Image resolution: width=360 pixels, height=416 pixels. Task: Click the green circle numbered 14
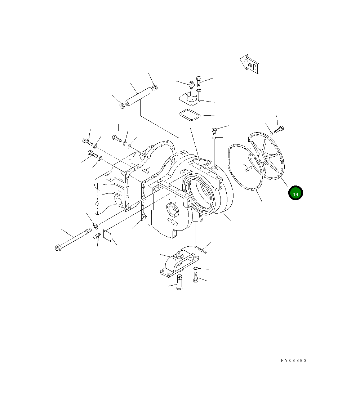[295, 193]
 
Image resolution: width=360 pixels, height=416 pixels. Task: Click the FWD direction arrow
[249, 64]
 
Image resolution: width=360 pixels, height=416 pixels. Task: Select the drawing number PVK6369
[294, 360]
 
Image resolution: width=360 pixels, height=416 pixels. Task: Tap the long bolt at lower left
[73, 239]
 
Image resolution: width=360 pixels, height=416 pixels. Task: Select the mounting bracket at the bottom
[179, 263]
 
